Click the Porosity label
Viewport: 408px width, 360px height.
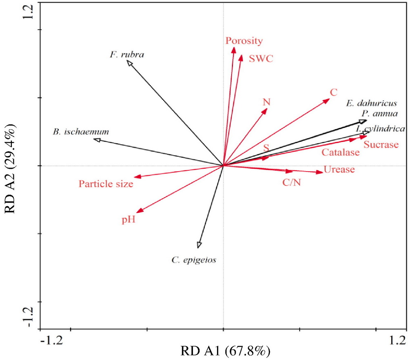coord(244,41)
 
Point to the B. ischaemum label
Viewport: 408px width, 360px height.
coord(80,132)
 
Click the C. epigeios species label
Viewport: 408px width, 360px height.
coord(194,259)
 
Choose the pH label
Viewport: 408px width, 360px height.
coord(128,220)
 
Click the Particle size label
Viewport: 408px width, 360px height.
coord(106,184)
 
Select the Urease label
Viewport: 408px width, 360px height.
coord(339,169)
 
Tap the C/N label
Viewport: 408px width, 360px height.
coord(292,183)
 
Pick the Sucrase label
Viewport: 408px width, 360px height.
coord(381,145)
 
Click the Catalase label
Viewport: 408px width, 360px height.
coord(341,153)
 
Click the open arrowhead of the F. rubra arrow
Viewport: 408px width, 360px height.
coord(129,63)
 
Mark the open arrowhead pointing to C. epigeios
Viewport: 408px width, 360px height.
coord(199,245)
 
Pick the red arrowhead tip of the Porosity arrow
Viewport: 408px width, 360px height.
coord(234,50)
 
